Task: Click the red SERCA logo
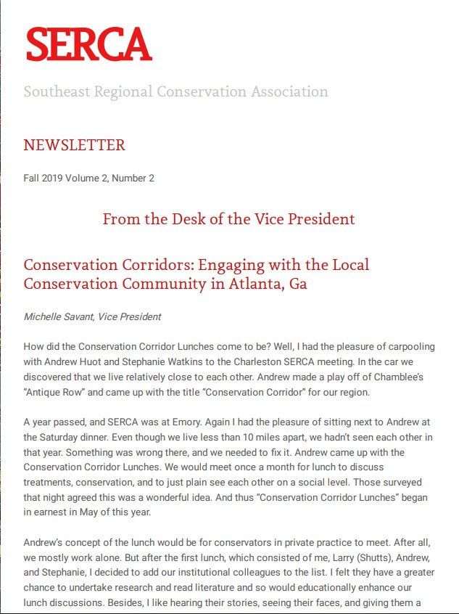click(88, 45)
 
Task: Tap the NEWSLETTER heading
click(74, 145)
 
